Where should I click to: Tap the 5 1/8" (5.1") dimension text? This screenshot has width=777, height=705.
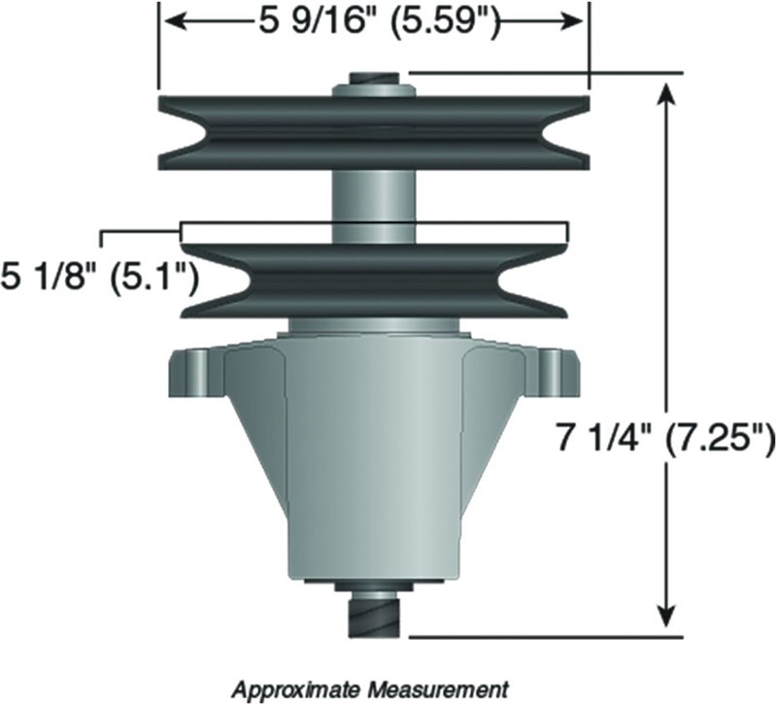100,279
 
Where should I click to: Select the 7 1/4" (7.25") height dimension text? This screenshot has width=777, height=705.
664,437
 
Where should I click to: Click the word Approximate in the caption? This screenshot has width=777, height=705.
297,689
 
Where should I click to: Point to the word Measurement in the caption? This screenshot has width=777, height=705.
438,688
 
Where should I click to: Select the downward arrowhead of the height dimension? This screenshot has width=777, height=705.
667,612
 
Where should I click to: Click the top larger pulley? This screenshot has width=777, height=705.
374,133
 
